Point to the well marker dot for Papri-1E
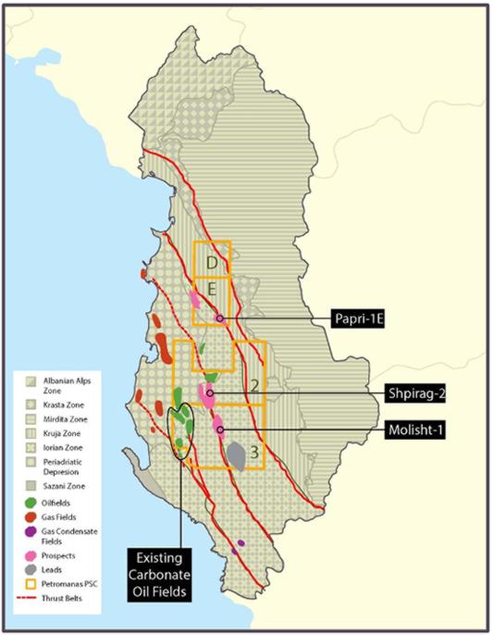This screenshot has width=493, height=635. pos(220,318)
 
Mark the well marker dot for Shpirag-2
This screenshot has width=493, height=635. pos(211,393)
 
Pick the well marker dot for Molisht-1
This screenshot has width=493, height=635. pos(219,430)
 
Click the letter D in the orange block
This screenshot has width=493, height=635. pos(212,263)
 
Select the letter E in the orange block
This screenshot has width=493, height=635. pos(212,290)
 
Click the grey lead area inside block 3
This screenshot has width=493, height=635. pos(238,454)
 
